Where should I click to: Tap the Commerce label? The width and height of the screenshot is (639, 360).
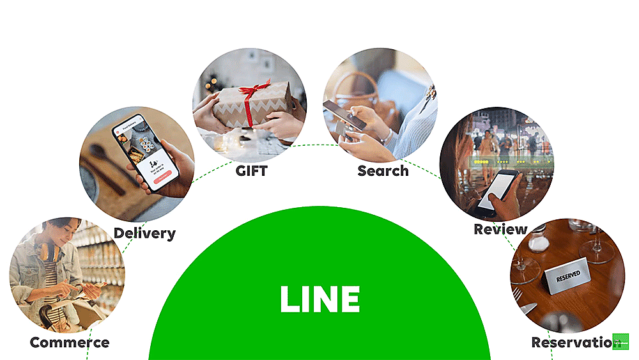(69, 342)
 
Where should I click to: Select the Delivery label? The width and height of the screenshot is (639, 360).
(144, 233)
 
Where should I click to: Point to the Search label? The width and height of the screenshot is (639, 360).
(383, 171)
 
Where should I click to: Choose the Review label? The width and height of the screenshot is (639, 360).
(500, 229)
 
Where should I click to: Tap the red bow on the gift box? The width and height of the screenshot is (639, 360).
(254, 90)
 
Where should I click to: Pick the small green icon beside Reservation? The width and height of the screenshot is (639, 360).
(620, 341)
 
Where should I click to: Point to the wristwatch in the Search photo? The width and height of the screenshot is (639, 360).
(387, 136)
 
